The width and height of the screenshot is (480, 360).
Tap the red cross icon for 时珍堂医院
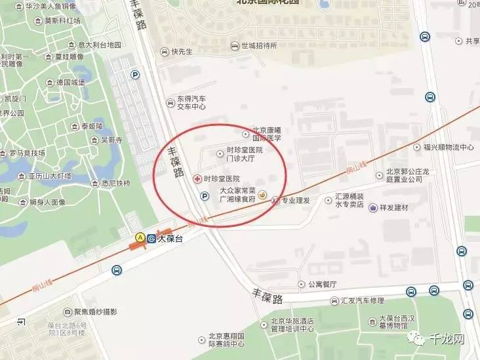tap(197, 178)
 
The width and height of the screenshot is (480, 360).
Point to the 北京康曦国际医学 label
tap(267, 134)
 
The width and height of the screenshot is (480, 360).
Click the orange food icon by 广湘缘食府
tap(262, 195)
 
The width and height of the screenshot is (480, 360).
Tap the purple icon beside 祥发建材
tap(373, 208)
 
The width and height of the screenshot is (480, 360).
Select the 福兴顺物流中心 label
tap(449, 148)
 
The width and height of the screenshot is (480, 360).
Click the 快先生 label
tap(182, 50)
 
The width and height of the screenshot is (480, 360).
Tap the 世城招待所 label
tap(259, 46)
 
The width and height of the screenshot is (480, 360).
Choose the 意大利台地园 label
tap(100, 45)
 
